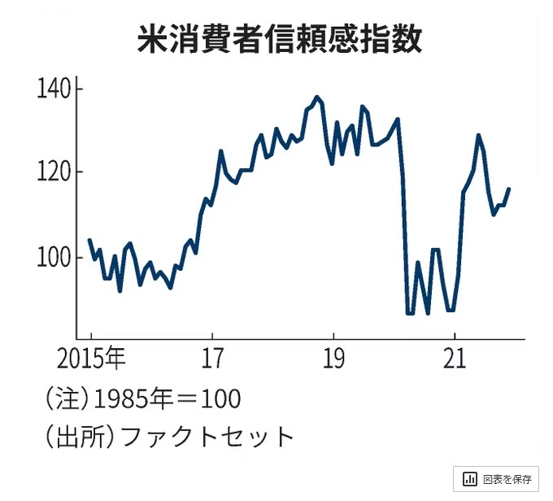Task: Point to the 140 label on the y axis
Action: [55, 88]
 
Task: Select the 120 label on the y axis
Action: [55, 173]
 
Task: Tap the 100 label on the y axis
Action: [55, 258]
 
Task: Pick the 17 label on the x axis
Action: [211, 358]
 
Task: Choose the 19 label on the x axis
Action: [333, 358]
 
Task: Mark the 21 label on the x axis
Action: [454, 358]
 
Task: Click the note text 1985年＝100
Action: [168, 399]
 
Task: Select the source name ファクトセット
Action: [207, 437]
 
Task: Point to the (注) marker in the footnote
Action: [66, 399]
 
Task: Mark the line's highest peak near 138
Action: [316, 97]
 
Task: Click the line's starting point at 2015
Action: [89, 240]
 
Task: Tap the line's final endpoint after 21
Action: [509, 189]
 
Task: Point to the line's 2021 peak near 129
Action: [478, 135]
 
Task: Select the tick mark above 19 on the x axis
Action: [333, 335]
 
